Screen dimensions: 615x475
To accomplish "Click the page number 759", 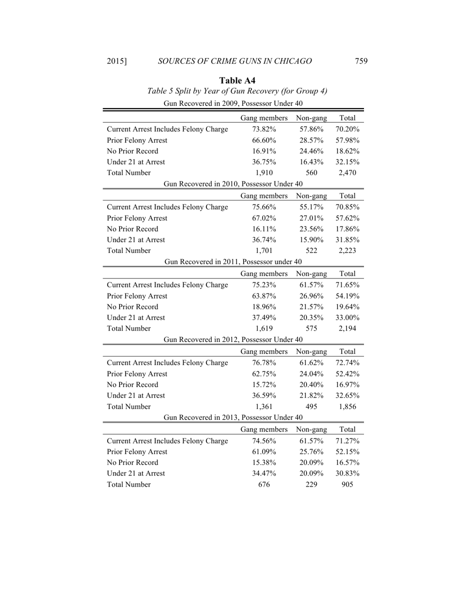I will click(361, 61).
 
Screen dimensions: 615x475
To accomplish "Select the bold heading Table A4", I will click(237, 80).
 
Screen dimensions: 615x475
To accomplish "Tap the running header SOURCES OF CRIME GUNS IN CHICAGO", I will click(234, 61).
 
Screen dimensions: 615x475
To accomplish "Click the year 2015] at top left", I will click(117, 61).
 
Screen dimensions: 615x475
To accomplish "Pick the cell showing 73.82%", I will click(263, 129).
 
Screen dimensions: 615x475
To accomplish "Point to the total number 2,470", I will click(347, 173).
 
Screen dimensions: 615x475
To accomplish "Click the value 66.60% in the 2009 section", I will click(263, 140).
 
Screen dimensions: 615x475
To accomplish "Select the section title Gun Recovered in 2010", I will click(233, 184).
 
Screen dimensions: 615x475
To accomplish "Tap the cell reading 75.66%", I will click(263, 207).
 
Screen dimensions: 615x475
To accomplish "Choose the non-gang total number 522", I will click(311, 251).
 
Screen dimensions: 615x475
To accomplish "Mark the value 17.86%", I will click(347, 229).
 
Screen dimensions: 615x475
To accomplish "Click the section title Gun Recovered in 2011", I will click(233, 262).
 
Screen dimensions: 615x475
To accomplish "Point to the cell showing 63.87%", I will click(263, 296).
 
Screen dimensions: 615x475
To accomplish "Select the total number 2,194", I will click(347, 329).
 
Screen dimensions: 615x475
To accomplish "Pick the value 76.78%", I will click(263, 363).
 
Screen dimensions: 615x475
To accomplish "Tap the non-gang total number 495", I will click(311, 407).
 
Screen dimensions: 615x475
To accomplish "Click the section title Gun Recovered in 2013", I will click(233, 418).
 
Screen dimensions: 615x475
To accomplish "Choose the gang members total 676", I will click(263, 485).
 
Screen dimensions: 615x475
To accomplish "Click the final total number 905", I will click(347, 485).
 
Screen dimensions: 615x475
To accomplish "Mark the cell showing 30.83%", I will click(347, 474).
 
